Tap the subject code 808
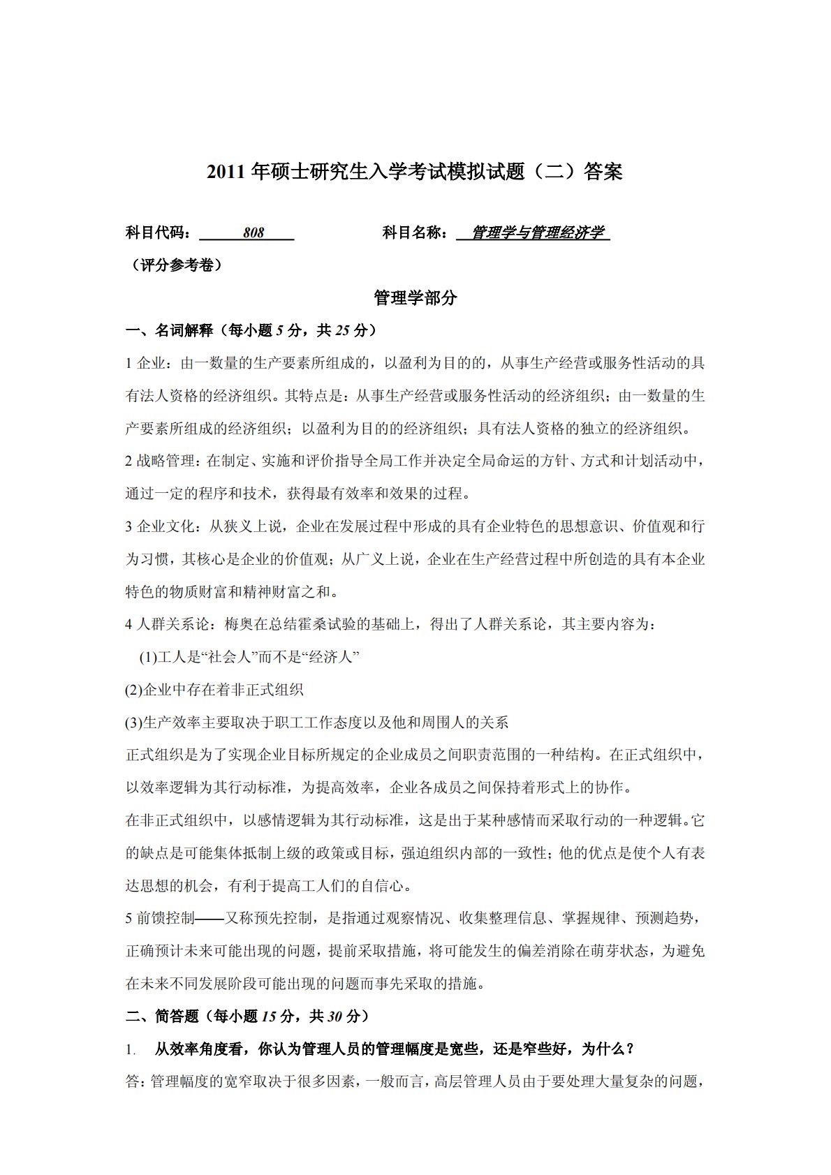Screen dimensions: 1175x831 click(253, 233)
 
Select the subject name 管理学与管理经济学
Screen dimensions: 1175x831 click(537, 233)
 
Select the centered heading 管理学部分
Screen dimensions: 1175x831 click(415, 298)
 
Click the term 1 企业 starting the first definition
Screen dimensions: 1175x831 click(145, 363)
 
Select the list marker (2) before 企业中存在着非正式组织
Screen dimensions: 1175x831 click(133, 690)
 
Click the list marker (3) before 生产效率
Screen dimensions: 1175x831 click(133, 723)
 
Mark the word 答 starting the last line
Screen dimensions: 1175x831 click(133, 1081)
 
